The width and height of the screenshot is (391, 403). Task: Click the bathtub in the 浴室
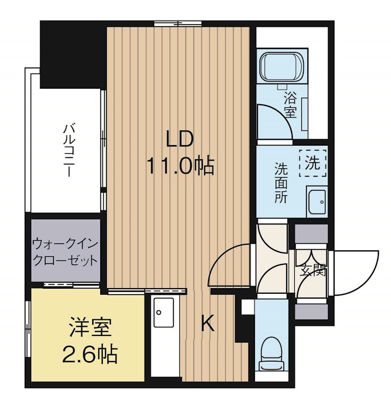point(282,65)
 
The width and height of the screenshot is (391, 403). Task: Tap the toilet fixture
point(272,354)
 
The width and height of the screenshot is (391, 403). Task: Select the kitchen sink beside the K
point(163,312)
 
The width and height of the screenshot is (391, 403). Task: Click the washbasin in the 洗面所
point(317,201)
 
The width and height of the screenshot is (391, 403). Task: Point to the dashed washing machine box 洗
point(313,163)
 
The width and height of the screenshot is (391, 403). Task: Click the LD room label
point(179,139)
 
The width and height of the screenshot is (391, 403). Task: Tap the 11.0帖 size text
point(180,166)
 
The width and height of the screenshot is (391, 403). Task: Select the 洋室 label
point(91,327)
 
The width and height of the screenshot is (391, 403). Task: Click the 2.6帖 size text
point(90,354)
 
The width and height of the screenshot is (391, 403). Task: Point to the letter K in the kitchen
point(207,323)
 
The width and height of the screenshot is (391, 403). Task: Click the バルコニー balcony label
point(69,151)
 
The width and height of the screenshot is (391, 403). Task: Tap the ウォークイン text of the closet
point(66,244)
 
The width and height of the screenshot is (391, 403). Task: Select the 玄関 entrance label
point(313,270)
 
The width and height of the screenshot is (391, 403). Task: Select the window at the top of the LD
point(178,24)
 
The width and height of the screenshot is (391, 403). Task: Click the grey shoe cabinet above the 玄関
point(311,233)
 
